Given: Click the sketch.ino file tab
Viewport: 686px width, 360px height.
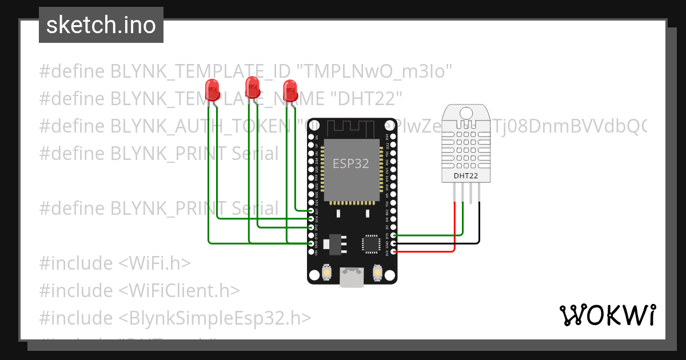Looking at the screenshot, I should (x=101, y=25).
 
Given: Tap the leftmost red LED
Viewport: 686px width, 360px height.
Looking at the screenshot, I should (x=212, y=89).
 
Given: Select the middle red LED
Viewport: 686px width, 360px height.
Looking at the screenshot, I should (x=252, y=87).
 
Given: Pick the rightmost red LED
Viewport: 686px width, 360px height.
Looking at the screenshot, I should (x=290, y=90).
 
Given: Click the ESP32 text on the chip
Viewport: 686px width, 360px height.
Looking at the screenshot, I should (x=351, y=163).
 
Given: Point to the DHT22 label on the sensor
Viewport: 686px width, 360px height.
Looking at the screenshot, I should (x=466, y=175).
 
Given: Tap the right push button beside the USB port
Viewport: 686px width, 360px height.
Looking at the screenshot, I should (x=377, y=273).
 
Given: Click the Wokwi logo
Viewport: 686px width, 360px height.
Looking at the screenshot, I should (x=607, y=315).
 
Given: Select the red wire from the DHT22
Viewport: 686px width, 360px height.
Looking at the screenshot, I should (x=455, y=229).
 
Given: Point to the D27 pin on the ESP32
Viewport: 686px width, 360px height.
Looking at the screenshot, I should (x=312, y=211).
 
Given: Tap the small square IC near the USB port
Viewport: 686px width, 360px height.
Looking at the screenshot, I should (x=370, y=244).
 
